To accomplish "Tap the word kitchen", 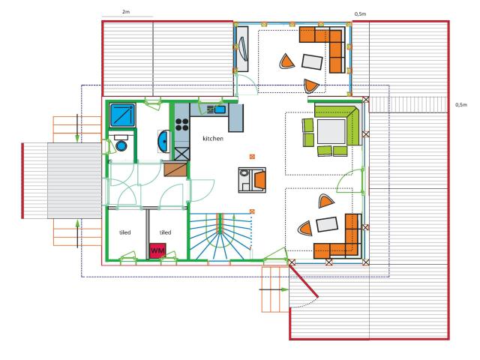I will click(214, 139).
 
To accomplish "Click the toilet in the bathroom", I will click(120, 145).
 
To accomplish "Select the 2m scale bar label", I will click(125, 12).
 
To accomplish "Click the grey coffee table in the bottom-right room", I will click(328, 223).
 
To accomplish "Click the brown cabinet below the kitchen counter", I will click(174, 169).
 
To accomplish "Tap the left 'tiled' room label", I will click(125, 232).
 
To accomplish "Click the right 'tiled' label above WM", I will click(165, 232).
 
